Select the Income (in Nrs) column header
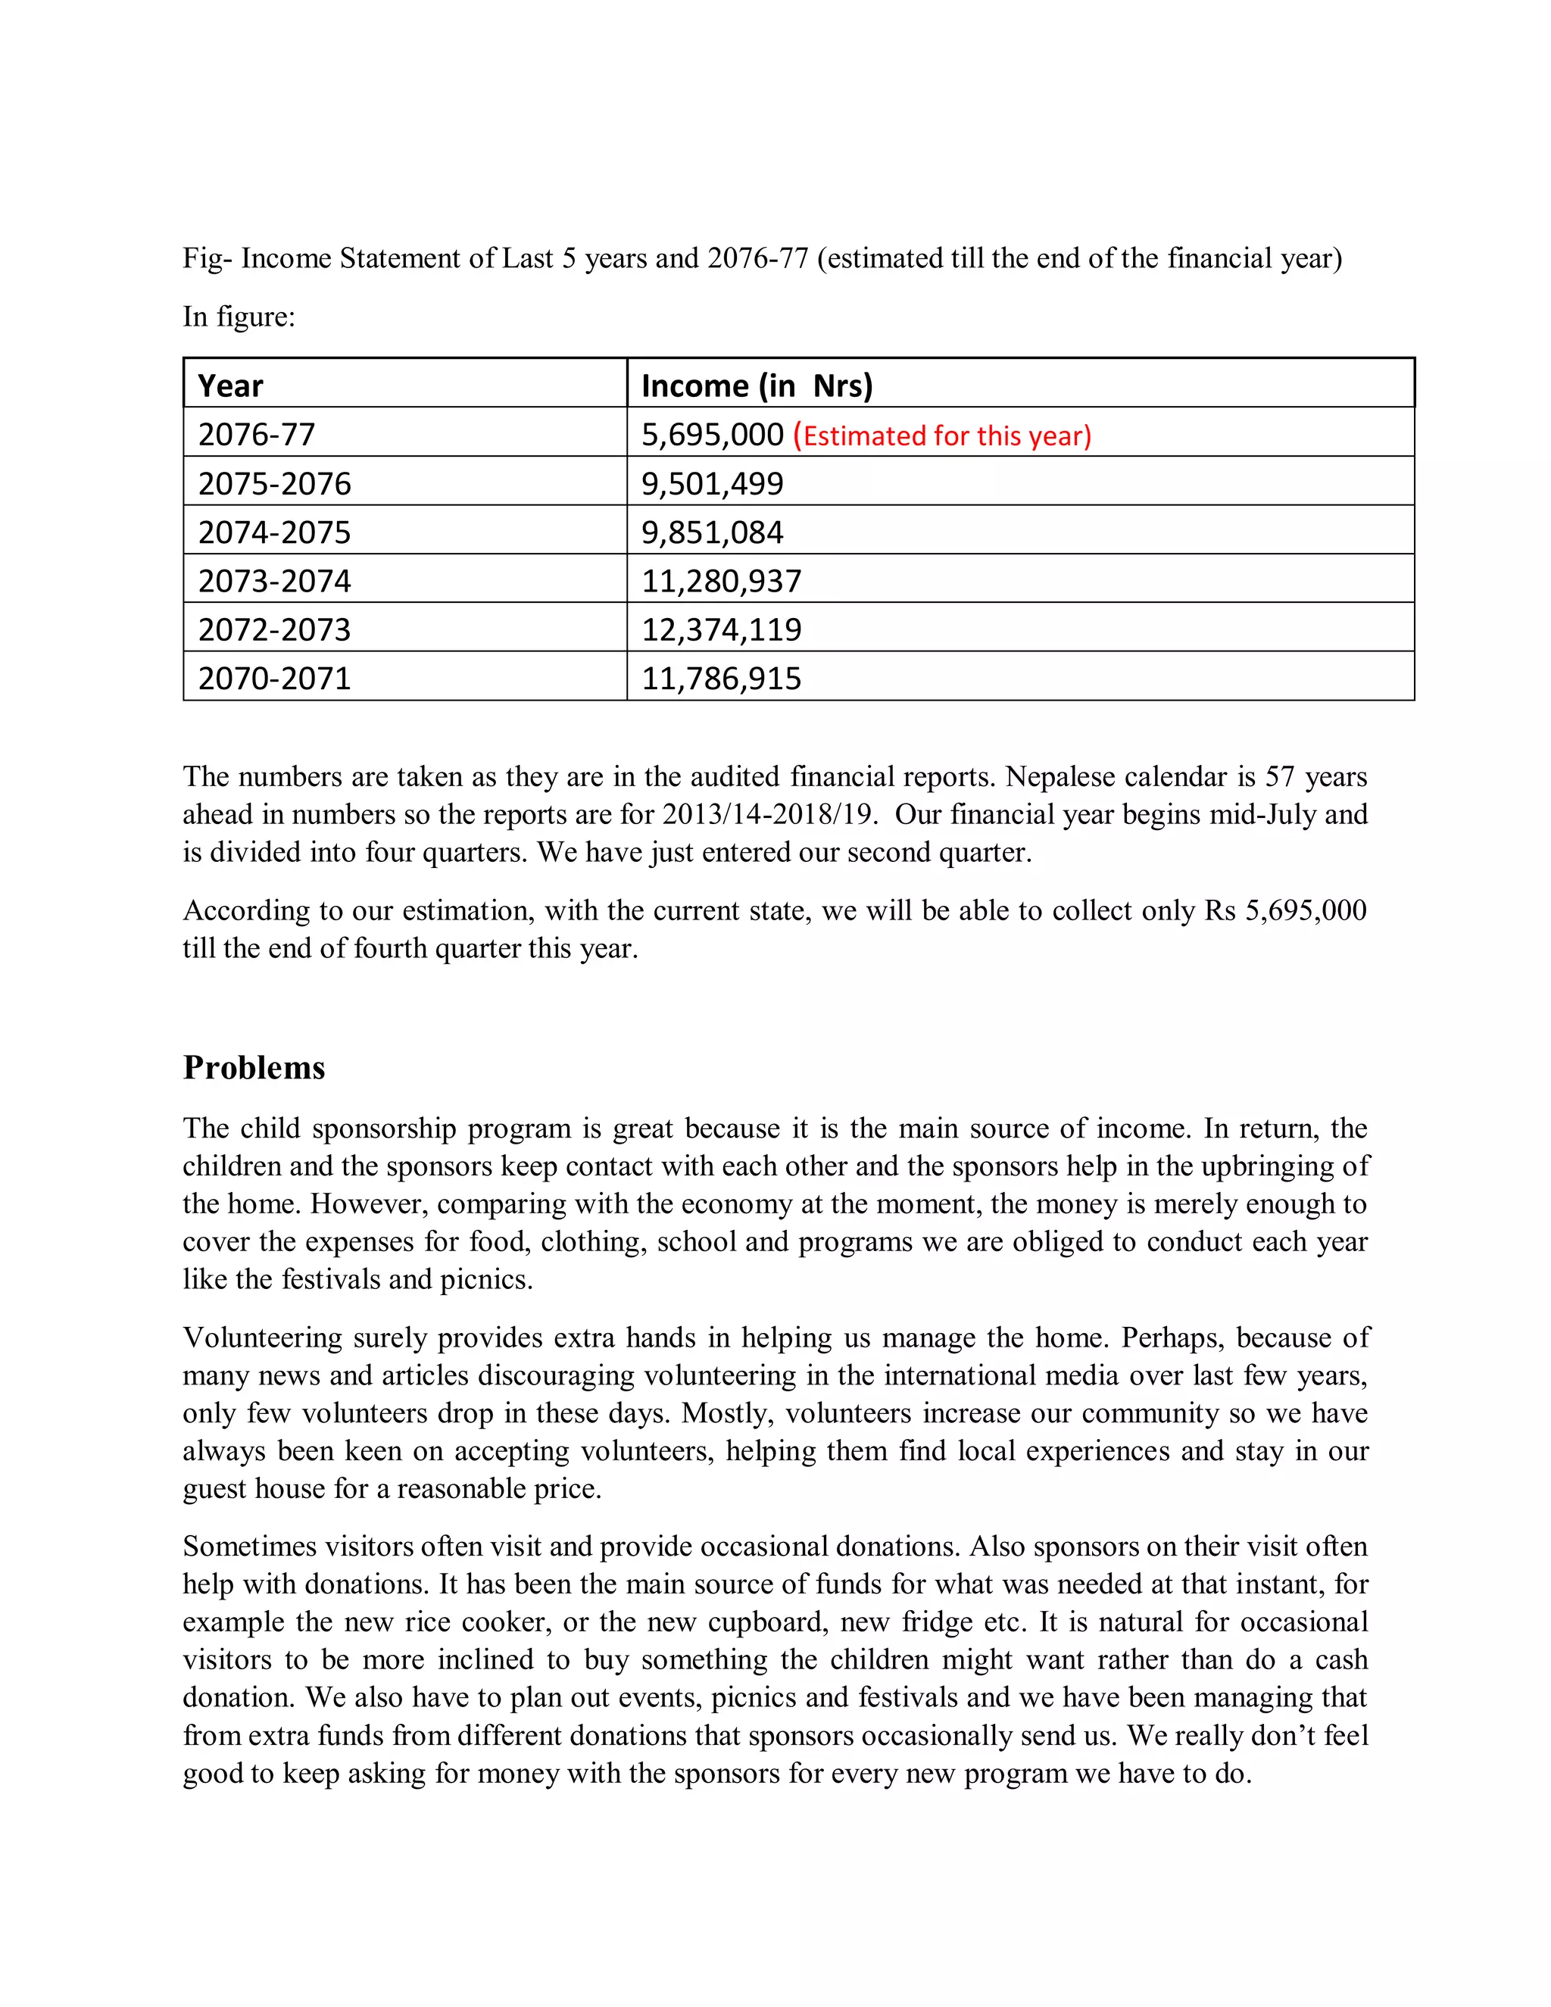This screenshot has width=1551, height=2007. [757, 386]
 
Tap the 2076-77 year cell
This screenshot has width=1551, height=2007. [257, 435]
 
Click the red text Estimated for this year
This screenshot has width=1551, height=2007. [942, 435]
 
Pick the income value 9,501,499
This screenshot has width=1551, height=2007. [712, 484]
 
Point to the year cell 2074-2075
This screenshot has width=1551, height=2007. [274, 533]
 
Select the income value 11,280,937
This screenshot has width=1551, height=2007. [721, 582]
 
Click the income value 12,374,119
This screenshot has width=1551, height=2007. [721, 630]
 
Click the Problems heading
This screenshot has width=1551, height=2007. [254, 1068]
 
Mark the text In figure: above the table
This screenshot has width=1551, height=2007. [239, 317]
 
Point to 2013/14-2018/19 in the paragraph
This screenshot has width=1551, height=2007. [766, 815]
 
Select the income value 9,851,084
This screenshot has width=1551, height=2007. [712, 533]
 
